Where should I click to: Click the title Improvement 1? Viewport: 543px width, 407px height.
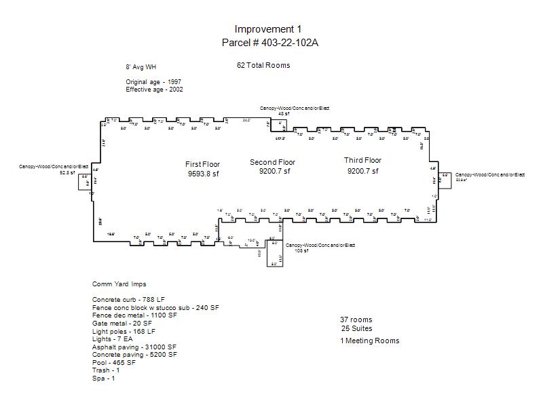click(268, 29)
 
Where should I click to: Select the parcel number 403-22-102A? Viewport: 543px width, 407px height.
click(270, 43)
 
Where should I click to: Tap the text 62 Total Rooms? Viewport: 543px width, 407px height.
click(263, 66)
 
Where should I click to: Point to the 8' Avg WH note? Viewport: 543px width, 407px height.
click(141, 68)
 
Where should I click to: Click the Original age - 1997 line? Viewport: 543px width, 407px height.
click(153, 82)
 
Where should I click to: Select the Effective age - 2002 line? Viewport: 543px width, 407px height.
click(154, 90)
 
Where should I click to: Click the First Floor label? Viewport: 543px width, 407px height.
click(203, 164)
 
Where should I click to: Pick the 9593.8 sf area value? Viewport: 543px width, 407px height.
click(204, 174)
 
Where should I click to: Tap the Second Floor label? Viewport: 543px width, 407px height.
click(273, 162)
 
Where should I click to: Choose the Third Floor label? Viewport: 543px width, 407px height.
click(363, 161)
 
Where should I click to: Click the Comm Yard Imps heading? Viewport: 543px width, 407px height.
click(119, 284)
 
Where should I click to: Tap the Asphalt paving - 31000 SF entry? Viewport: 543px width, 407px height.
click(135, 347)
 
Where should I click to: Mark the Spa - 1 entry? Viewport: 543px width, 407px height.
click(104, 379)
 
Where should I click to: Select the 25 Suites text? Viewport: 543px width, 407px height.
click(357, 329)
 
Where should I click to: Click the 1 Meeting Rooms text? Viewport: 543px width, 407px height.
click(370, 341)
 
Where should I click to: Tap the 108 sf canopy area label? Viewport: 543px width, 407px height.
click(301, 251)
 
